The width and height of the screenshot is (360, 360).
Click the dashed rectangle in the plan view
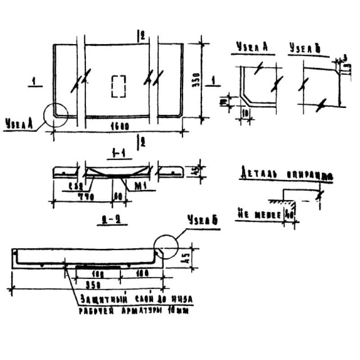pos(118,86)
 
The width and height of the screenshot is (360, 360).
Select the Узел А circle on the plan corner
pos(56,116)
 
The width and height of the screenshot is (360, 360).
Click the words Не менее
pos(258,215)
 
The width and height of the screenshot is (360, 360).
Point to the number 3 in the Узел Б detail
pos(344,57)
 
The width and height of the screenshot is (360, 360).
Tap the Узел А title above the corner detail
pos(252,47)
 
